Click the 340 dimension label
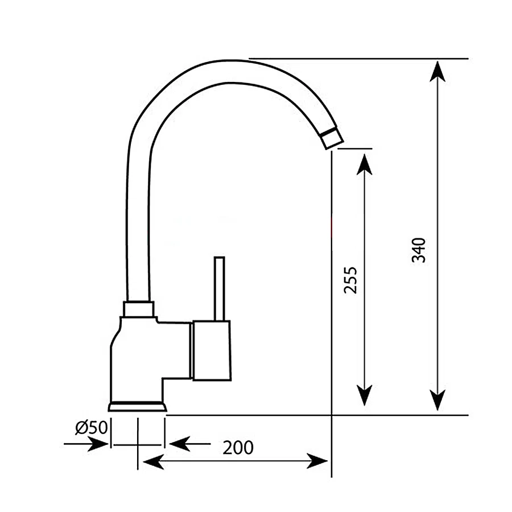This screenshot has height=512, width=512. click(x=419, y=250)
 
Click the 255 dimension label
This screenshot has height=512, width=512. click(x=350, y=280)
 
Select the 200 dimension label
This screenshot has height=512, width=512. click(x=238, y=448)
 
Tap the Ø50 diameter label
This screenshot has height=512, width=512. click(x=91, y=427)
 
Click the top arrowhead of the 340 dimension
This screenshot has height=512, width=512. click(x=437, y=71)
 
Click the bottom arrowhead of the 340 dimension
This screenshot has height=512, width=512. click(x=437, y=400)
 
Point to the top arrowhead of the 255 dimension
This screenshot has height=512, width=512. click(x=365, y=164)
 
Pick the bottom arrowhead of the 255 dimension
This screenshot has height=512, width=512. click(x=365, y=395)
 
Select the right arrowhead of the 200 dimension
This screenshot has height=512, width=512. click(x=317, y=461)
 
